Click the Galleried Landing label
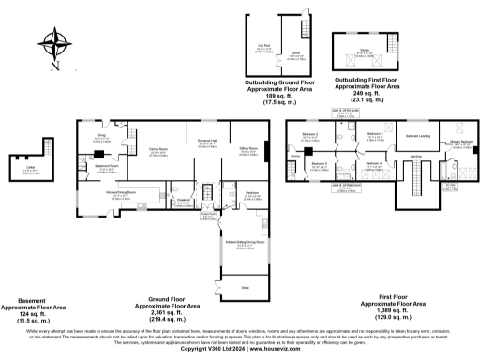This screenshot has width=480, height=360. (x=415, y=137)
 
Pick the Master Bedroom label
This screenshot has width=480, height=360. (x=460, y=142)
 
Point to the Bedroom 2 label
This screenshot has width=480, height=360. (x=310, y=135)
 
